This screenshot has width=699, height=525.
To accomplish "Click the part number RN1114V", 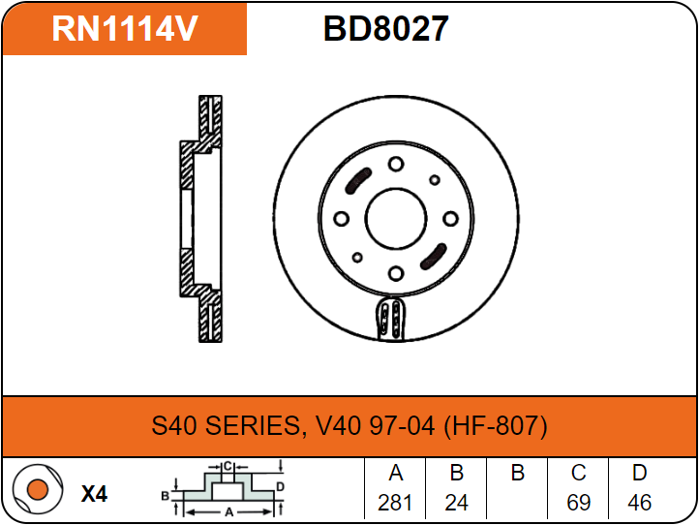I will click(x=125, y=29).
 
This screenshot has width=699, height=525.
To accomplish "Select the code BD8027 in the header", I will click(x=385, y=29).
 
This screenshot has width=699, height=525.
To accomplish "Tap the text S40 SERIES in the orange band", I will click(x=225, y=425).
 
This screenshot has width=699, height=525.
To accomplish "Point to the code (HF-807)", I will click(x=496, y=425).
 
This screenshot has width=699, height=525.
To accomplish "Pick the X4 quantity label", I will click(x=94, y=494).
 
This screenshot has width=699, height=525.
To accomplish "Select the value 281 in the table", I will click(x=395, y=503).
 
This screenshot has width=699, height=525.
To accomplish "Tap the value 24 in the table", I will click(x=457, y=503).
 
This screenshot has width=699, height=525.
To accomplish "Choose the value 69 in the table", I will click(x=579, y=503).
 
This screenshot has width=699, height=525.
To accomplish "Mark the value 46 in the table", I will click(x=639, y=503).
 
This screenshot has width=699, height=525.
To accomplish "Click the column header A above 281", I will click(x=395, y=474).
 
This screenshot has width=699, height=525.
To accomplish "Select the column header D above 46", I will click(x=639, y=474).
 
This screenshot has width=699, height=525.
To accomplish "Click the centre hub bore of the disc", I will click(x=395, y=219).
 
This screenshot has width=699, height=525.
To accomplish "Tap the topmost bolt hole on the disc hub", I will click(x=395, y=165).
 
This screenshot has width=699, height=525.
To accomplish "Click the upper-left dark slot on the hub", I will click(x=358, y=181).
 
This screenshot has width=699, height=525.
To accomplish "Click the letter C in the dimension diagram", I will click(x=228, y=466).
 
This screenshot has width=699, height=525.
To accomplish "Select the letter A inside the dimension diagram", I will click(x=228, y=510).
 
